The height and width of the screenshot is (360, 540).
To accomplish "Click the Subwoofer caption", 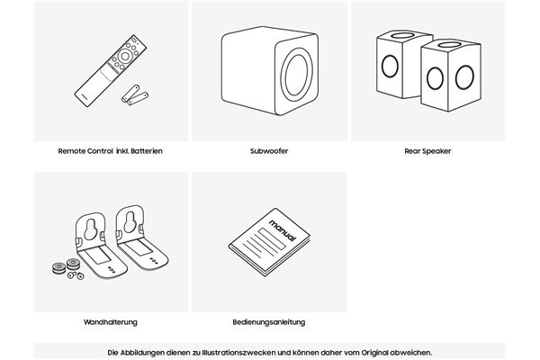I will click(x=270, y=151).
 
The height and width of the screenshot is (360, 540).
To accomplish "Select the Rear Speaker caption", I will click(x=427, y=151).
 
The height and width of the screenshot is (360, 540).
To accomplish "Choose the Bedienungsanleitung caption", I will click(x=269, y=321).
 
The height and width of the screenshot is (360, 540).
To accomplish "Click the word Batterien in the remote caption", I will click(x=148, y=151).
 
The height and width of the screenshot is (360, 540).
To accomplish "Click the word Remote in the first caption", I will click(x=72, y=151).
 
